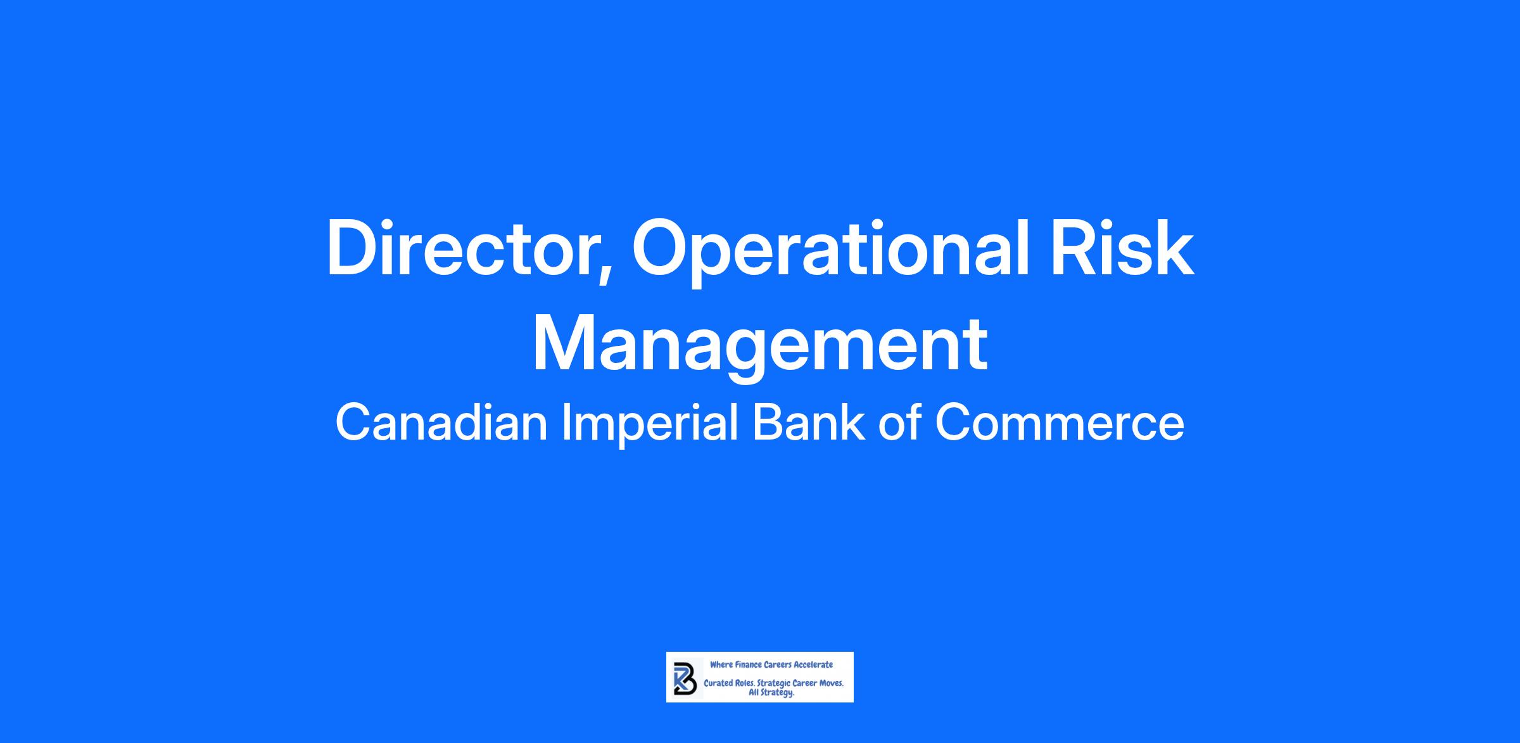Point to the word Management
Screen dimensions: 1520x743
(x=760, y=346)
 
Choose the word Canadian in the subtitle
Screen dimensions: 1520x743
(x=441, y=423)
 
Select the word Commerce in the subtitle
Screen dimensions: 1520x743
(x=1060, y=424)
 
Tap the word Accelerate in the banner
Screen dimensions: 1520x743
(x=814, y=665)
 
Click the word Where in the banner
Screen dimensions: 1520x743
(x=721, y=665)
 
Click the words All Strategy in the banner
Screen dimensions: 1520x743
(x=771, y=694)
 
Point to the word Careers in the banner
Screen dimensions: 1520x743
(x=777, y=665)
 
